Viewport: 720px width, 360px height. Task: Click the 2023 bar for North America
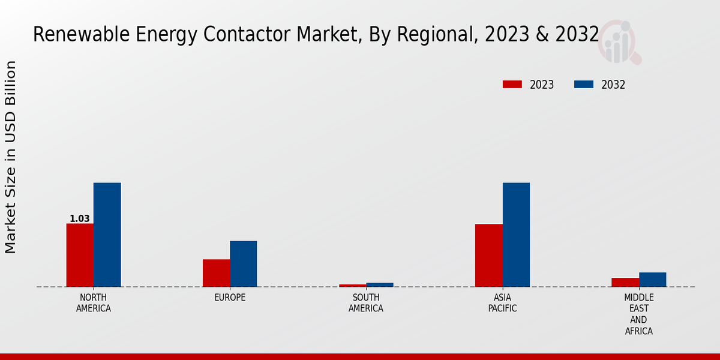coord(80,255)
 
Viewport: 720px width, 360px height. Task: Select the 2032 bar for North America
coord(107,235)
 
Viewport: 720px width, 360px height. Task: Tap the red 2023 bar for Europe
coord(216,273)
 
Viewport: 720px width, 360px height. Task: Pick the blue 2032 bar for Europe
coord(243,264)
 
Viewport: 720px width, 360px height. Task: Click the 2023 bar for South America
coord(352,286)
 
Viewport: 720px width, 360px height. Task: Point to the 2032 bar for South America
coord(380,284)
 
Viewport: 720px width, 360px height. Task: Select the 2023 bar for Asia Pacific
coord(488,255)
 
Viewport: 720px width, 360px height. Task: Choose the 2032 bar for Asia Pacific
coord(516,235)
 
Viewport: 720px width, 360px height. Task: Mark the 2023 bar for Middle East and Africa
coord(625,282)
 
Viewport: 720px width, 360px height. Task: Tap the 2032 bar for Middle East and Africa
coord(652,280)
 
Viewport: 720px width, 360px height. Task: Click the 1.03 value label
coord(79,219)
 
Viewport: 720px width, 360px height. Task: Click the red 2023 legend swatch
coord(512,85)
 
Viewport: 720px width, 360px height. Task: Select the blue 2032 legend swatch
coord(584,85)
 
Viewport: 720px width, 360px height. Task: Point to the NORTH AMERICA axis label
coord(93,303)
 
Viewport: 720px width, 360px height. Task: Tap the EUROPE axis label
coord(230,298)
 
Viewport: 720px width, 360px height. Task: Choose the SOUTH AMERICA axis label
coord(366,303)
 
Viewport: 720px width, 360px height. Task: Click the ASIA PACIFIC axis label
coord(502,303)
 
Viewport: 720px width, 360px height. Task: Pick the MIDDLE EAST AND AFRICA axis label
coord(638,314)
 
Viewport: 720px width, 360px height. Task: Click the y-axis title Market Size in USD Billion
coord(11,157)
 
